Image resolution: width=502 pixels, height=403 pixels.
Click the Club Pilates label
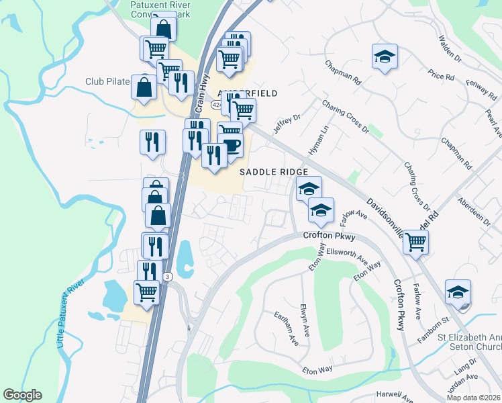[107, 81]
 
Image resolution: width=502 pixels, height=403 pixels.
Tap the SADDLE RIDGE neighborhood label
[274, 172]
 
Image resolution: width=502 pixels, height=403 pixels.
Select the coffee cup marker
[231, 146]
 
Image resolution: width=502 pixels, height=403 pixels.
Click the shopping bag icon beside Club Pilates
[144, 88]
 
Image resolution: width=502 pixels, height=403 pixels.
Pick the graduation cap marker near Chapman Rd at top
[385, 57]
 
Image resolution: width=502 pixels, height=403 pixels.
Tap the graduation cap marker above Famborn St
[458, 293]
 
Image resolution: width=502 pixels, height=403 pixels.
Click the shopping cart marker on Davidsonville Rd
[416, 241]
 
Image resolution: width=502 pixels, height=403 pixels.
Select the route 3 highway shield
[168, 276]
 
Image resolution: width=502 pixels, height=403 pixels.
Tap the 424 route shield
[216, 105]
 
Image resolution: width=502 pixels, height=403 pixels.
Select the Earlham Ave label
[287, 328]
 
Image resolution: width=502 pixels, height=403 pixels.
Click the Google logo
[22, 395]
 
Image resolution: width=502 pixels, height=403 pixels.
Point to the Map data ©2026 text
[472, 397]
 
